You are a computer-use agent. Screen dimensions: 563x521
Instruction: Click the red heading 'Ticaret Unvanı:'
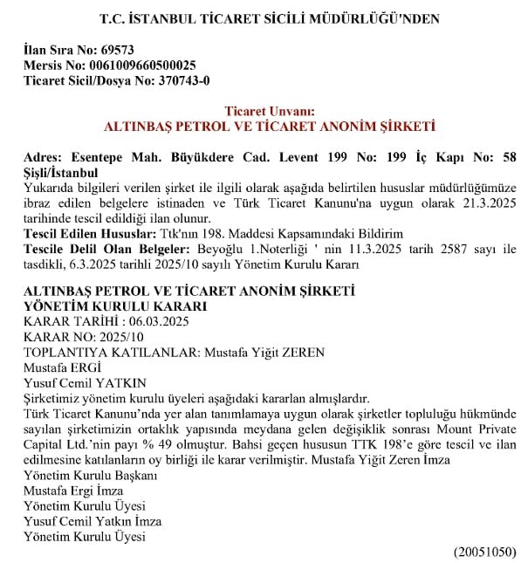[x=270, y=111]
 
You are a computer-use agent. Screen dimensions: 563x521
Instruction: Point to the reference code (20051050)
[x=483, y=552]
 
